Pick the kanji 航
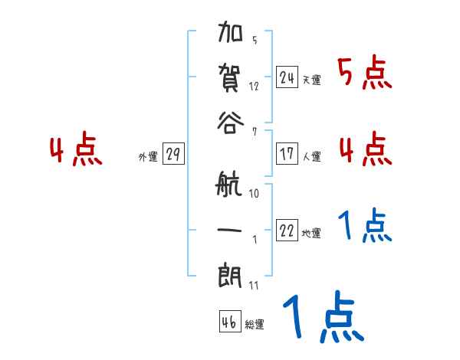(x=230, y=186)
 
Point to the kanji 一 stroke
(x=230, y=230)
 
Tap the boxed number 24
(x=287, y=77)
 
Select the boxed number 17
(x=287, y=154)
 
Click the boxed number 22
(x=287, y=231)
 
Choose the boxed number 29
(x=172, y=155)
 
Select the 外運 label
(x=148, y=157)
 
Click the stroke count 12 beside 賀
(x=254, y=85)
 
